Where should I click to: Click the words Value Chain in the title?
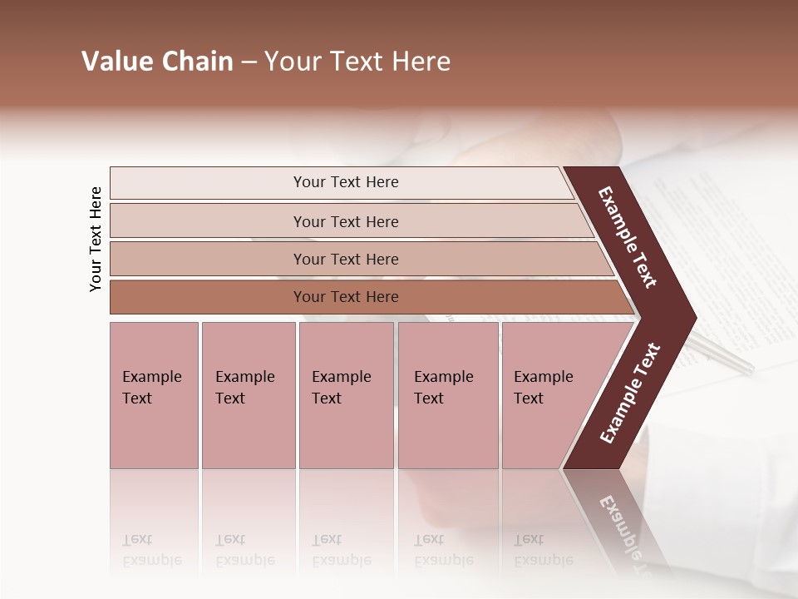click(157, 62)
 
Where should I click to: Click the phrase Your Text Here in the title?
click(357, 62)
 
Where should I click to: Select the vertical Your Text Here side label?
click(96, 239)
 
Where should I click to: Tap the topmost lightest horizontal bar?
click(345, 182)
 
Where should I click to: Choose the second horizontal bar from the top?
click(345, 221)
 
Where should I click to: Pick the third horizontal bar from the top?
click(345, 259)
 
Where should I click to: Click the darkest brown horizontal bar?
click(345, 297)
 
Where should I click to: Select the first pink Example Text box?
click(154, 395)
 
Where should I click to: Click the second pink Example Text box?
click(248, 395)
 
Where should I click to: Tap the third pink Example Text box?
click(345, 395)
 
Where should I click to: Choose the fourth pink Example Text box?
click(447, 395)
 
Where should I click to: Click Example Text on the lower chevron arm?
click(629, 393)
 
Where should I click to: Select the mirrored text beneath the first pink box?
click(151, 550)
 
